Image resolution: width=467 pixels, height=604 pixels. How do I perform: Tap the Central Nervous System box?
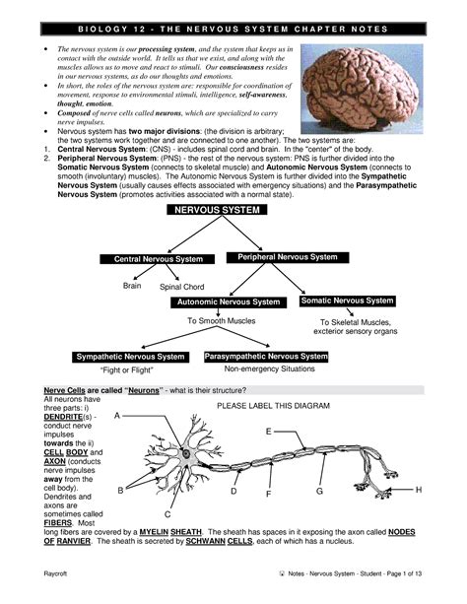coord(152,259)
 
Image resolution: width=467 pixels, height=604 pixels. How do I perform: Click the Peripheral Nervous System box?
coord(287,257)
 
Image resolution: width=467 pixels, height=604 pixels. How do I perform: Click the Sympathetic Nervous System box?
coord(131,357)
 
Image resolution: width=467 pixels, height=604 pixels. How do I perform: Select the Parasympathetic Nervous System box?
coord(266,356)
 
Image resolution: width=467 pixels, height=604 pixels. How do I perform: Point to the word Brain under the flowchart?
coord(132,285)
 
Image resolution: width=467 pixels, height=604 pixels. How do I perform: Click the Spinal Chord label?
coord(181,287)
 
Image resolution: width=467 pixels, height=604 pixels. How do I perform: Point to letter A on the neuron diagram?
coord(117,418)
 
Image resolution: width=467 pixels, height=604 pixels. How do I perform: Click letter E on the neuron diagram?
coord(268,433)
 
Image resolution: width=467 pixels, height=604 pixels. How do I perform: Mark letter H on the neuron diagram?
coord(419,490)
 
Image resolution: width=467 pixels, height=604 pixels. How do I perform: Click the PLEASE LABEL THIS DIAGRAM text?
coord(272,406)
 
